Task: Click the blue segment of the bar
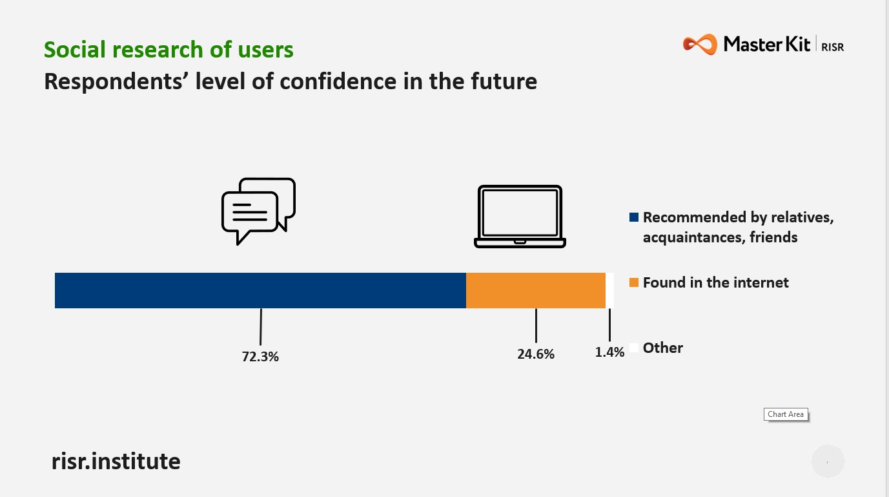coord(260,290)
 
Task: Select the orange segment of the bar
coord(536,290)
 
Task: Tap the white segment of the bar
coord(609,290)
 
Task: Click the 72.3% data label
coord(260,356)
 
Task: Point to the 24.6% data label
coord(536,354)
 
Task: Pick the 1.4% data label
coord(609,352)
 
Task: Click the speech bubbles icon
coord(258,211)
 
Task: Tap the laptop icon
coord(520,216)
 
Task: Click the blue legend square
coord(634,217)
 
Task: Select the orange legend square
coord(634,282)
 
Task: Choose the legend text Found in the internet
coord(715,282)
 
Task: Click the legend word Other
coord(663,348)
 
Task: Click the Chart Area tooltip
coord(786,414)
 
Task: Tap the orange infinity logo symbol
coord(700,44)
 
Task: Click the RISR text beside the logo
coord(833,47)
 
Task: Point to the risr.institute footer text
coord(116,461)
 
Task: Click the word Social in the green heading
coord(75,50)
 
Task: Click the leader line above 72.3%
coord(261,327)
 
